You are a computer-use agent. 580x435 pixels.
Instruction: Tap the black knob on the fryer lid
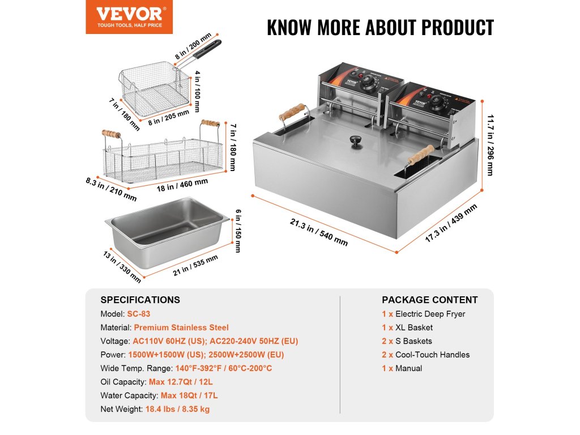point(357,140)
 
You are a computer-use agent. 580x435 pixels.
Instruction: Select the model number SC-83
point(139,314)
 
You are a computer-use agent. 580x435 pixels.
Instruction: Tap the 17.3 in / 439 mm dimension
point(451,223)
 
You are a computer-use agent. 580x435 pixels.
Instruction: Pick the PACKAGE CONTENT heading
point(429,300)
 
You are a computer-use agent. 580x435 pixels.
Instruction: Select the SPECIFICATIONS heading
point(140,300)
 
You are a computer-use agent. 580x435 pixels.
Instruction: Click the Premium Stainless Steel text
point(181,327)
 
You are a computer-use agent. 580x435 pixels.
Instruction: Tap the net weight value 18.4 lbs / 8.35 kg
point(177,409)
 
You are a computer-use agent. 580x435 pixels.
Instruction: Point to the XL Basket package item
point(413,327)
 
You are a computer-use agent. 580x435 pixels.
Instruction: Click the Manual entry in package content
point(408,368)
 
